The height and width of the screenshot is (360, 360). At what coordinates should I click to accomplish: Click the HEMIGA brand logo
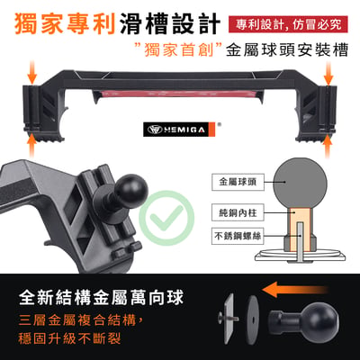179,130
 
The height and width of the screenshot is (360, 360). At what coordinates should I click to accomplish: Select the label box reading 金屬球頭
238,182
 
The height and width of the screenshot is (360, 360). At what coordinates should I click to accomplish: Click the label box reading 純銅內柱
238,212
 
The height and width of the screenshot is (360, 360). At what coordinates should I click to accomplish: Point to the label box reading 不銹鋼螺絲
238,237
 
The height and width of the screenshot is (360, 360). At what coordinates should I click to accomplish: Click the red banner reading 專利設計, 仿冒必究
288,24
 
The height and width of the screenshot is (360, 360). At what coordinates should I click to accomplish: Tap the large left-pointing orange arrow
295,290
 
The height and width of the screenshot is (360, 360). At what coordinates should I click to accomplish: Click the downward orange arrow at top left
32,72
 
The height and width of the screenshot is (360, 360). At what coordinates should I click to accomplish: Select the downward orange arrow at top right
328,72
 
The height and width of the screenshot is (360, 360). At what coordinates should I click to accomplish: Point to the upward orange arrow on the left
32,147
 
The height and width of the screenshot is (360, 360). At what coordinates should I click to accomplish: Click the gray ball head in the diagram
300,184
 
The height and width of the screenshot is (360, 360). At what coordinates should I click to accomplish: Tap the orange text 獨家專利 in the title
65,23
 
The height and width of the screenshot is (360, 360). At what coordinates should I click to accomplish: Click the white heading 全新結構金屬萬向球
101,298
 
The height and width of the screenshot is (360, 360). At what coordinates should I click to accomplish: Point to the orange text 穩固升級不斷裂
69,338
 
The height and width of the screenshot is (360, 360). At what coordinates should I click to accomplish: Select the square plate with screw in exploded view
229,318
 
